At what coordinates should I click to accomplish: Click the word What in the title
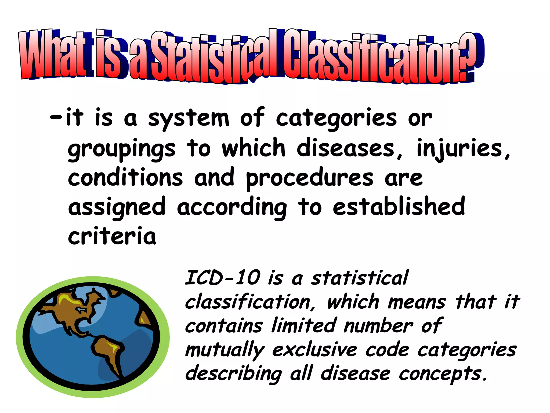pyautogui.click(x=52, y=55)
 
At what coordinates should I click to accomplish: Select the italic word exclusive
pyautogui.click(x=314, y=350)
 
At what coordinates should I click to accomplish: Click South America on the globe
pyautogui.click(x=107, y=352)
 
